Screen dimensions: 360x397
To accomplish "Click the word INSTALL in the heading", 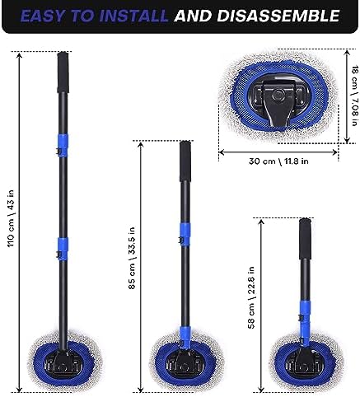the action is click(133, 16).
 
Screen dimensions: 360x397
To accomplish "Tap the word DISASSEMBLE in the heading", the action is click(278, 16).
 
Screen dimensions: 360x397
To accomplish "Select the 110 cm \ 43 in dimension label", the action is click(11, 218).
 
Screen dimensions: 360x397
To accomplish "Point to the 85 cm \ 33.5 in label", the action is click(132, 258).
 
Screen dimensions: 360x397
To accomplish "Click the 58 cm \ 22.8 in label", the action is click(251, 297).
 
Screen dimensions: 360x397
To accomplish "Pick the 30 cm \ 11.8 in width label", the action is click(278, 161).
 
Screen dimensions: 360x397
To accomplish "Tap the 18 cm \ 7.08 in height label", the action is click(355, 96).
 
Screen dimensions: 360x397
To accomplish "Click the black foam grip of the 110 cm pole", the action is click(63, 72).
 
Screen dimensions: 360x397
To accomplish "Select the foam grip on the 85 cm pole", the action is click(185, 161).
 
